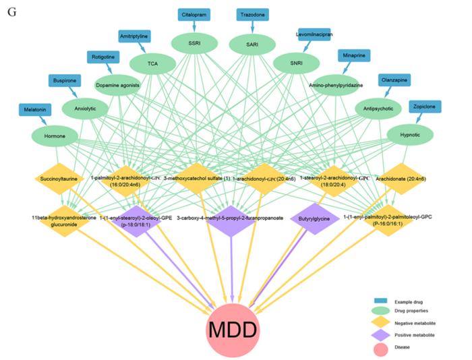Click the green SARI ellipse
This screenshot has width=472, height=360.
pyautogui.click(x=252, y=44)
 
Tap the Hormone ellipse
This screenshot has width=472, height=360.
pyautogui.click(x=55, y=136)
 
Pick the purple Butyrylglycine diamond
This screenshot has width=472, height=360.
pyautogui.click(x=314, y=219)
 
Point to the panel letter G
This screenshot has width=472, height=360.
pyautogui.click(x=11, y=13)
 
